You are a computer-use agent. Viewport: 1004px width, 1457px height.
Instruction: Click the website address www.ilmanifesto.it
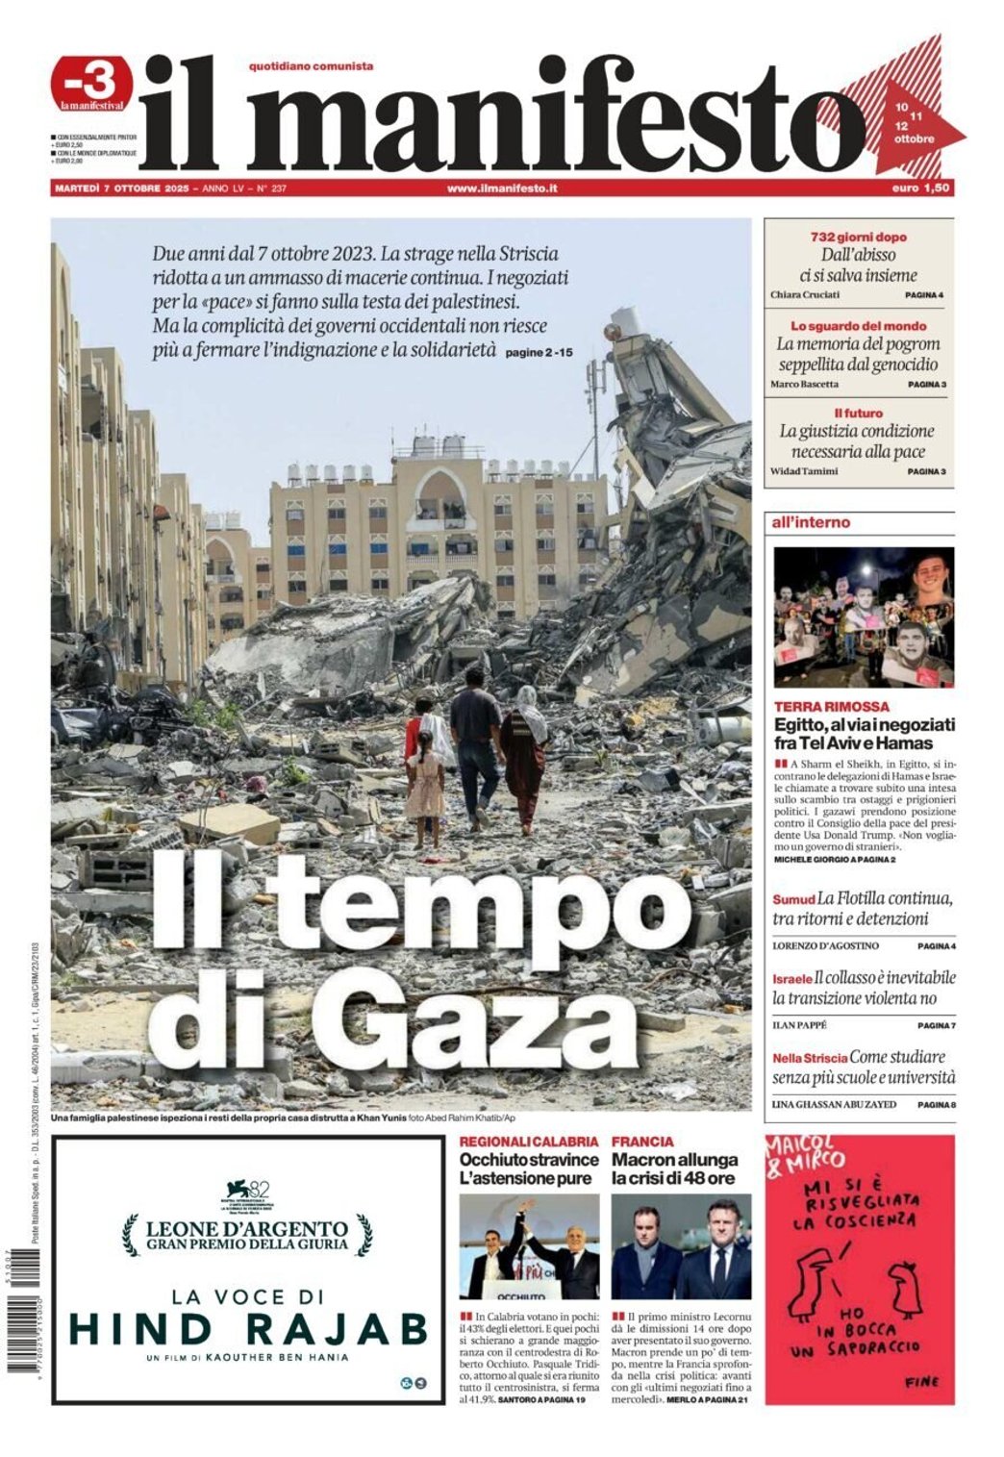point(502,188)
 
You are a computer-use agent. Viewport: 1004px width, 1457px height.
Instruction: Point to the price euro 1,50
point(920,188)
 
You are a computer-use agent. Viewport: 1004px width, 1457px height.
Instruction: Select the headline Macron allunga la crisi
point(675,1168)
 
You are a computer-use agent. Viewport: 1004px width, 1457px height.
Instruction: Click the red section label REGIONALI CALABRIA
point(529,1142)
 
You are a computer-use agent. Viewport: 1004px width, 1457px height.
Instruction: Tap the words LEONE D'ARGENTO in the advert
point(247,1228)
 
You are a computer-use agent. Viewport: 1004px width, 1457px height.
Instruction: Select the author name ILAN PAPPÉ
point(800,1025)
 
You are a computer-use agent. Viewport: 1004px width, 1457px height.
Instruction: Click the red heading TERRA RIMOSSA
point(818,706)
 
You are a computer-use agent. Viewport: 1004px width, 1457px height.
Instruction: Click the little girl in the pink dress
point(424,789)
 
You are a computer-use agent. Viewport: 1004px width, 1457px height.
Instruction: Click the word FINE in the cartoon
point(921,1382)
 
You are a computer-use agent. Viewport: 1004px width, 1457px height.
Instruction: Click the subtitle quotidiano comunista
point(311,66)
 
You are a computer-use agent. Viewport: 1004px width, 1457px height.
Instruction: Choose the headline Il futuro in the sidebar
point(858,413)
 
